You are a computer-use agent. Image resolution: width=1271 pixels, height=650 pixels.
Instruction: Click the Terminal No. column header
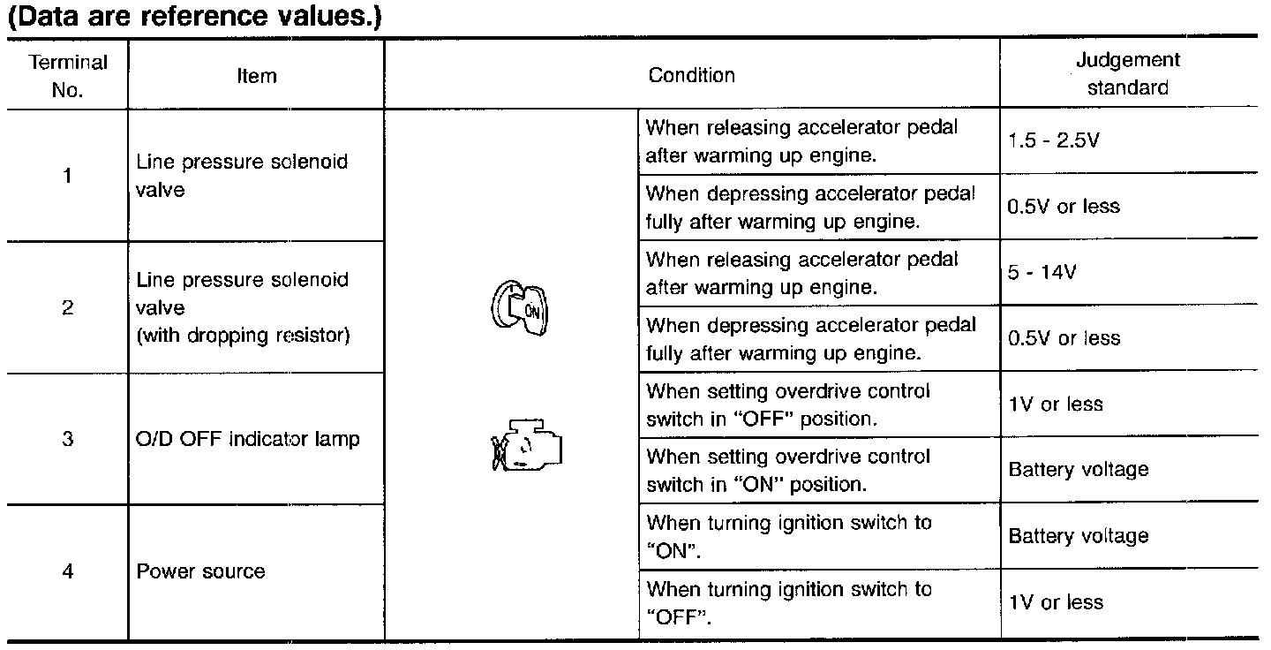tap(68, 76)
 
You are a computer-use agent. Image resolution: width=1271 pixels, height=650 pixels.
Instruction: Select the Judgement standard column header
tap(1127, 74)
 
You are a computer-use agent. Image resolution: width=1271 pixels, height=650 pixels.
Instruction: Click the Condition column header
tap(692, 75)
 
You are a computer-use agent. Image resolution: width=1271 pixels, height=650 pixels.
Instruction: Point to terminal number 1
tap(68, 176)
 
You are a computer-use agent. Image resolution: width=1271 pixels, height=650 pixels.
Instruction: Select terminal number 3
tap(68, 439)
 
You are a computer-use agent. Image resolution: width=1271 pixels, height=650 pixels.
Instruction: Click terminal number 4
tap(68, 571)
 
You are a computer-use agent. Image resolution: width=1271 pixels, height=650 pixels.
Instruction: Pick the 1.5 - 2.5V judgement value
tap(1053, 140)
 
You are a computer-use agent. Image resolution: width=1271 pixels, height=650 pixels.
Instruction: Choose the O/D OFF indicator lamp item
tap(248, 439)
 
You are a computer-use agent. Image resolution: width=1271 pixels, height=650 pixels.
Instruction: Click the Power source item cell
tap(200, 571)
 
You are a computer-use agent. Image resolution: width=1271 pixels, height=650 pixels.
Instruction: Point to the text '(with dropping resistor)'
tap(244, 336)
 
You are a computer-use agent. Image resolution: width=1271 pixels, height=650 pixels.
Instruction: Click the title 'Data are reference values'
tap(194, 19)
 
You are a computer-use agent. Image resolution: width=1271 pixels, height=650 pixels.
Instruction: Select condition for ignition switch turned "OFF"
tap(788, 602)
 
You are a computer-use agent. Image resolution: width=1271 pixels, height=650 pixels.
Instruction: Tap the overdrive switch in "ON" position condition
tap(788, 471)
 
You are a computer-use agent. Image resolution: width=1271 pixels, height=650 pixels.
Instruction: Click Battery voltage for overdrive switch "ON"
tap(1079, 469)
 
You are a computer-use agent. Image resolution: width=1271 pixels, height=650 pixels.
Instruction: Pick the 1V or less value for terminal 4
tap(1056, 602)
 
